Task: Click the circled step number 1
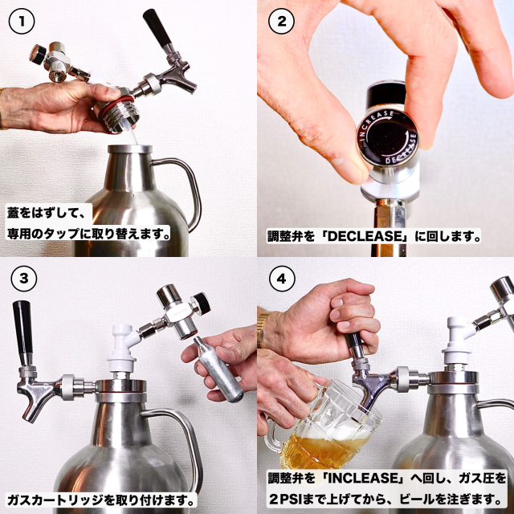coord(22,22)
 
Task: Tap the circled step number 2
coord(281,22)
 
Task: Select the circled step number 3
coord(24,279)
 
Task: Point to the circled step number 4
coord(282,279)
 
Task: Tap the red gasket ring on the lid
coord(116,104)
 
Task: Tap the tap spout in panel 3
coord(35,400)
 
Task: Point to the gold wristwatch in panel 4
coord(263,329)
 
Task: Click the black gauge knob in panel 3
coord(202,304)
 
